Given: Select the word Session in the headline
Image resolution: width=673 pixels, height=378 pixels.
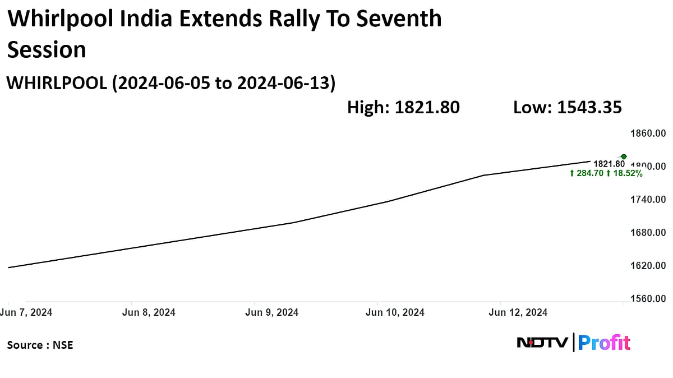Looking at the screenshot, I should click(x=47, y=50).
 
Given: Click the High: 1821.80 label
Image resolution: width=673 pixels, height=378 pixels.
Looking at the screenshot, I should click(x=403, y=107).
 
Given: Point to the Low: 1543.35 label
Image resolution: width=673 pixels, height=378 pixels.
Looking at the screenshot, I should click(x=568, y=107).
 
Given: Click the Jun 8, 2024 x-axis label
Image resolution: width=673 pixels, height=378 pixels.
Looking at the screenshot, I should click(x=149, y=312).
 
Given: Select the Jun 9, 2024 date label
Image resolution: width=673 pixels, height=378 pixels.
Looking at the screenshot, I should click(x=272, y=312).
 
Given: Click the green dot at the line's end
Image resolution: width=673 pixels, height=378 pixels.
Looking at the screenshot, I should click(x=624, y=156).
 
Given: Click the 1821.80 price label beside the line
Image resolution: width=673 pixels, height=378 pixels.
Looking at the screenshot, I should click(x=609, y=164).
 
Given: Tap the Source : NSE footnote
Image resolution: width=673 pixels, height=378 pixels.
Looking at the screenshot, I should click(x=40, y=345).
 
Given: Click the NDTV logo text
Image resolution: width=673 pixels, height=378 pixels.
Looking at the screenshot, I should click(x=542, y=342).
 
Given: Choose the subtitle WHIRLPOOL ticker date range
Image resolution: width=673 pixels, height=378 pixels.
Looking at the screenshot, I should click(x=170, y=83).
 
